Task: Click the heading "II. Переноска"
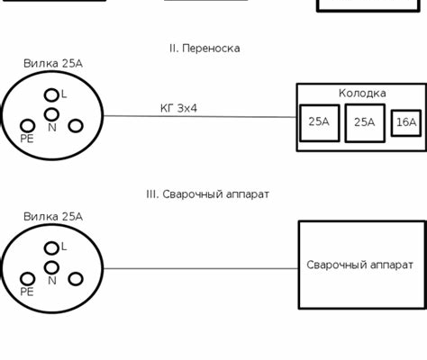pos(204,49)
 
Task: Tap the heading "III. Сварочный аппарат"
pos(207,194)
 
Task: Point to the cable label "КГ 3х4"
pos(178,108)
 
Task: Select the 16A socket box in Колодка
pos(406,123)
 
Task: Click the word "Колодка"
pos(362,93)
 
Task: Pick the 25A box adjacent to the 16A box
pos(365,123)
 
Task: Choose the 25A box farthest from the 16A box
pos(320,123)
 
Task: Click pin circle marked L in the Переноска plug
pos(51,95)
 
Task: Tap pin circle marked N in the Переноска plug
pos(51,114)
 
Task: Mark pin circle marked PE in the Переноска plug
pos(28,126)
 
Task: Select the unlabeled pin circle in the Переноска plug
pos(76,126)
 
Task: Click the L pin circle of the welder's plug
pos(51,248)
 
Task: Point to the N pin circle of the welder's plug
pos(51,267)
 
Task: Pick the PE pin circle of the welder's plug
pos(28,279)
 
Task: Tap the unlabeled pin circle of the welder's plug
pos(76,279)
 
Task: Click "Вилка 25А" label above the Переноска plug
pos(53,64)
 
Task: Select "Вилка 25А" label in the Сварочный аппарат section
pos(53,217)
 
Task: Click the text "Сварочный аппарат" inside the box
pos(359,265)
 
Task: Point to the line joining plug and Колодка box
pos(200,116)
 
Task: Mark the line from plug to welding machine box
pos(201,268)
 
